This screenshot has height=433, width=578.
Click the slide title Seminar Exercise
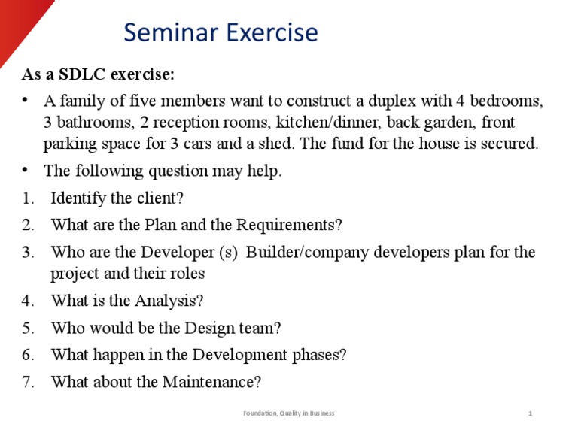tap(221, 33)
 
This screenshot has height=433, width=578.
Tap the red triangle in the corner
tap(19, 23)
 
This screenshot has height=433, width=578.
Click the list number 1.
tap(28, 198)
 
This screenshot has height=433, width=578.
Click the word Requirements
tap(288, 225)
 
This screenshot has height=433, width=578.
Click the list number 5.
tap(28, 328)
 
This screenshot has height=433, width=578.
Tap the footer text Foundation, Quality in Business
tap(289, 413)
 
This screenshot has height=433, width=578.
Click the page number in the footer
tap(531, 413)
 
